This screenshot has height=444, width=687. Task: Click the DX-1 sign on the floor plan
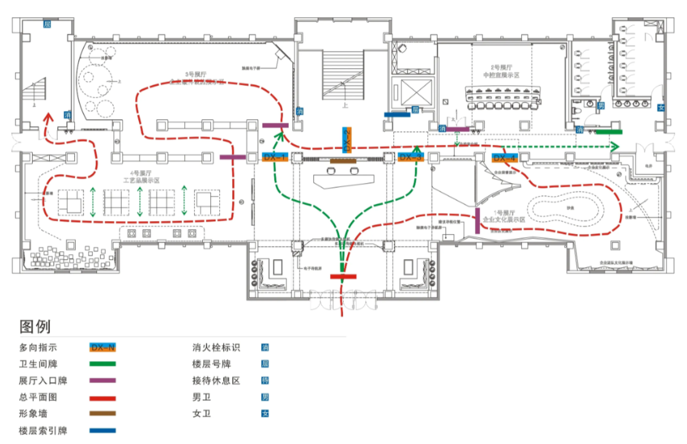pyautogui.click(x=275, y=157)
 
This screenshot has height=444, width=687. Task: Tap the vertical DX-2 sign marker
pyautogui.click(x=347, y=139)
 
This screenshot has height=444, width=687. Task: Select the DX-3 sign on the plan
pyautogui.click(x=410, y=157)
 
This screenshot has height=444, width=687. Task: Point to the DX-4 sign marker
pyautogui.click(x=503, y=157)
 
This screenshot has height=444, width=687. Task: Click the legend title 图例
pyautogui.click(x=35, y=326)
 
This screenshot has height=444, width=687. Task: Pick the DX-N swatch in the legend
pyautogui.click(x=103, y=348)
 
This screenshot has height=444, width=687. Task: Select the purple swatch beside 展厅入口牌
pyautogui.click(x=103, y=381)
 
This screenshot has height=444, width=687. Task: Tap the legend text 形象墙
pyautogui.click(x=34, y=414)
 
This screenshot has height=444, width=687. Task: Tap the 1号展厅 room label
pyautogui.click(x=502, y=211)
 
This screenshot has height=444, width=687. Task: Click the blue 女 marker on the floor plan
pyautogui.click(x=661, y=106)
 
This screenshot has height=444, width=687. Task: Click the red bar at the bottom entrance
pyautogui.click(x=343, y=276)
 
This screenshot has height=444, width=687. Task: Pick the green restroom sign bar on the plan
pyautogui.click(x=609, y=131)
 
